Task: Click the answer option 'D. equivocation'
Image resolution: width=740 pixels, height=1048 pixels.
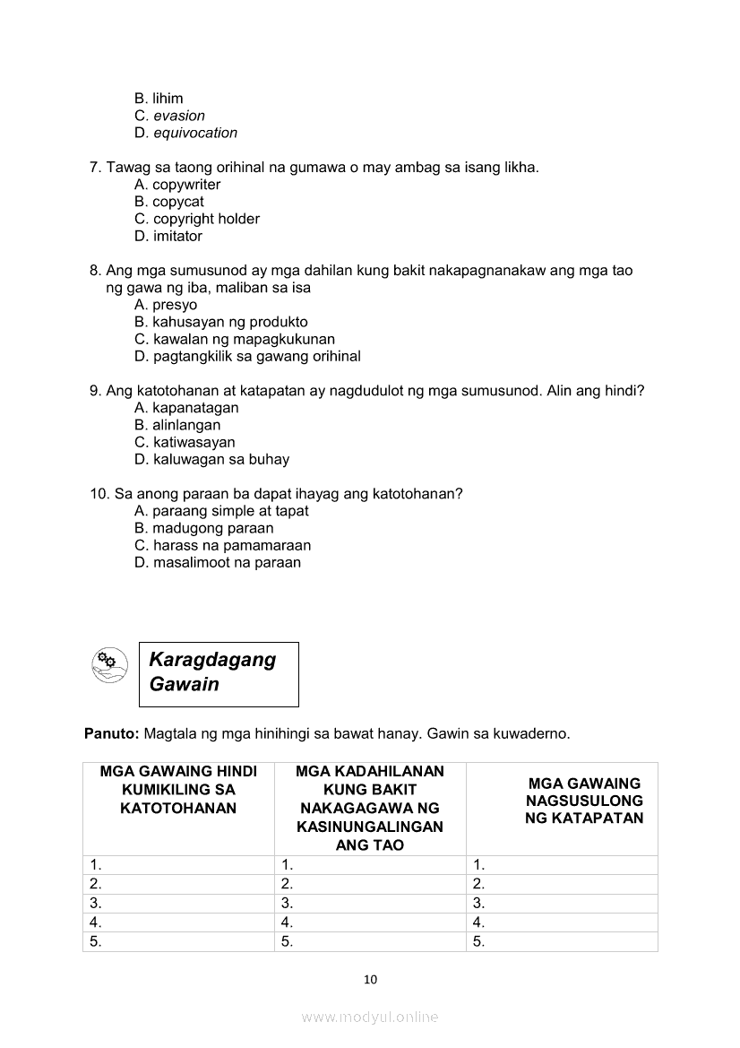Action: pyautogui.click(x=185, y=133)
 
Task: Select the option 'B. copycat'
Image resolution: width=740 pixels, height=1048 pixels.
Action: pyautogui.click(x=169, y=202)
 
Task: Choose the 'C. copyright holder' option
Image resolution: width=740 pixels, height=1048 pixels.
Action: pyautogui.click(x=197, y=219)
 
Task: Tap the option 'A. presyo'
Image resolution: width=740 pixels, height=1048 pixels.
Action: pyautogui.click(x=166, y=305)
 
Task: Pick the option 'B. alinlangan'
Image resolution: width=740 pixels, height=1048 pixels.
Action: pyautogui.click(x=177, y=425)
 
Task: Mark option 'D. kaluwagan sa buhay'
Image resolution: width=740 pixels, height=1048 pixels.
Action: pyautogui.click(x=211, y=459)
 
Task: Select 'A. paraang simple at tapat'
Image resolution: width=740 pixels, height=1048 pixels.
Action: pyautogui.click(x=221, y=511)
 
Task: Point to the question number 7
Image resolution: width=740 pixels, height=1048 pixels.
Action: pyautogui.click(x=95, y=168)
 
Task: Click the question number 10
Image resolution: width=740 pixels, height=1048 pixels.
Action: pyautogui.click(x=99, y=494)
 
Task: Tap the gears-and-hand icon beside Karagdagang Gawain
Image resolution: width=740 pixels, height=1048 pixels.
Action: pyautogui.click(x=107, y=663)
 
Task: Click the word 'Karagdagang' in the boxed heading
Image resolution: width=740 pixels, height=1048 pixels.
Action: pyautogui.click(x=212, y=660)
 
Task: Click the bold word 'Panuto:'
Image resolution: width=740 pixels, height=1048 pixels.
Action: pyautogui.click(x=111, y=733)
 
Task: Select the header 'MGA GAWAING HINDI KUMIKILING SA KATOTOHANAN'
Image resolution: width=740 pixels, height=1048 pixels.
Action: pyautogui.click(x=178, y=790)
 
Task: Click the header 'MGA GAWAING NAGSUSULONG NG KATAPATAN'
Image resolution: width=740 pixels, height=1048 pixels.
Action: pyautogui.click(x=584, y=801)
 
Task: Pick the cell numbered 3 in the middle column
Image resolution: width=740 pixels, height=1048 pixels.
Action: pyautogui.click(x=287, y=903)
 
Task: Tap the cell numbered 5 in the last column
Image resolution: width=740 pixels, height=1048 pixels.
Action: pyautogui.click(x=478, y=941)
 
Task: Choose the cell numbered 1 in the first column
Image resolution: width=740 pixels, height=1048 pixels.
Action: pyautogui.click(x=95, y=865)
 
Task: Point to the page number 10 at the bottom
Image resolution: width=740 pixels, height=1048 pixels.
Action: pyautogui.click(x=370, y=979)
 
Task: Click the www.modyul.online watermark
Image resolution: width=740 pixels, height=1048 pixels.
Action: pyautogui.click(x=370, y=1017)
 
